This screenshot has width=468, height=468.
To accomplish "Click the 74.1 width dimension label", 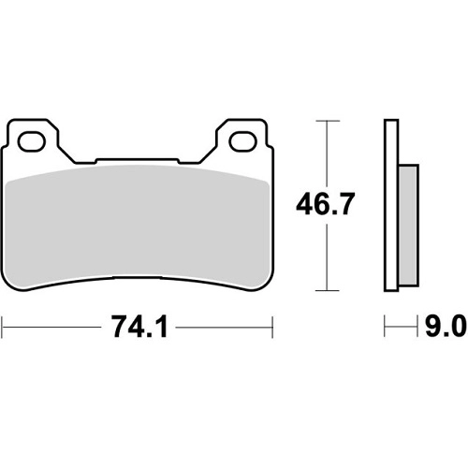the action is coord(140,327).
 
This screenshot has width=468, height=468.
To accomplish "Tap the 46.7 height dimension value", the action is coord(326,204).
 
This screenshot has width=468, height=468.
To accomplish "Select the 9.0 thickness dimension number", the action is coord(446,327).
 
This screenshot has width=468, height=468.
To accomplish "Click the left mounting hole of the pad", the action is coord(31,142).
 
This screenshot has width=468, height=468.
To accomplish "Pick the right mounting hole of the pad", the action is coord(242,141).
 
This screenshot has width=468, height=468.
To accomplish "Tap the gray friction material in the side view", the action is coord(408,225).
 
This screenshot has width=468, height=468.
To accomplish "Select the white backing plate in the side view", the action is coord(391,205).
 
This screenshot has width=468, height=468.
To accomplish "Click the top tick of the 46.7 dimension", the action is coord(327,121).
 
